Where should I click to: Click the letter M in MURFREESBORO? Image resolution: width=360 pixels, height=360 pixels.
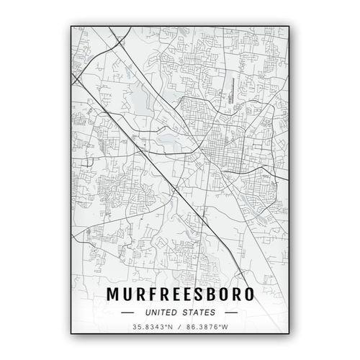113,295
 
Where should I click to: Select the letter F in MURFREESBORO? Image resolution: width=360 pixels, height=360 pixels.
153,295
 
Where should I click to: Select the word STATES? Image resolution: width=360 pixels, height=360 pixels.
200,312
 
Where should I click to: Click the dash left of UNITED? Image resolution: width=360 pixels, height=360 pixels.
128,312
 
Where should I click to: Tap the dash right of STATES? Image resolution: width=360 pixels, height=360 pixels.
231,312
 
